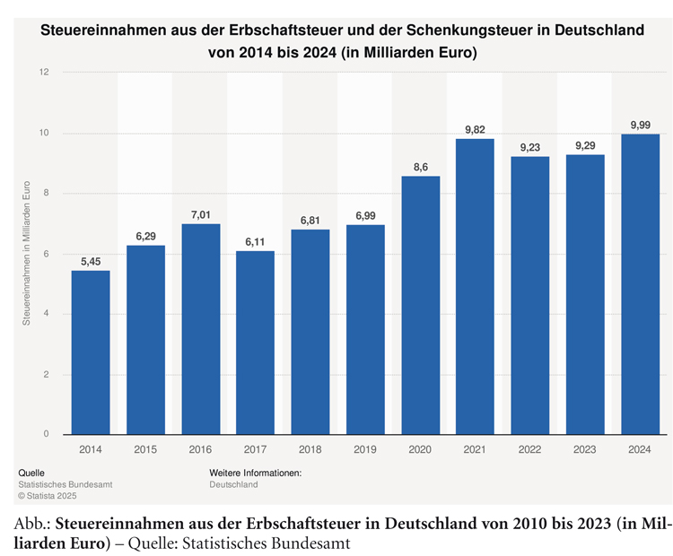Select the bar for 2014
click(x=91, y=352)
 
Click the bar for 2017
click(x=255, y=343)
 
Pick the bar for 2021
click(x=475, y=287)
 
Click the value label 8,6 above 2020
click(x=420, y=167)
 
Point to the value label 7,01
click(x=200, y=214)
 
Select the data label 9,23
click(x=529, y=147)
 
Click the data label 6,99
click(x=365, y=215)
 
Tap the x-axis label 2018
click(x=310, y=448)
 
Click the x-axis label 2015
click(x=145, y=448)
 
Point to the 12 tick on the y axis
click(x=44, y=73)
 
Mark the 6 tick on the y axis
click(x=46, y=255)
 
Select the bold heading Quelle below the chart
click(x=31, y=473)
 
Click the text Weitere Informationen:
click(x=255, y=473)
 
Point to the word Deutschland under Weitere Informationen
click(x=233, y=484)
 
